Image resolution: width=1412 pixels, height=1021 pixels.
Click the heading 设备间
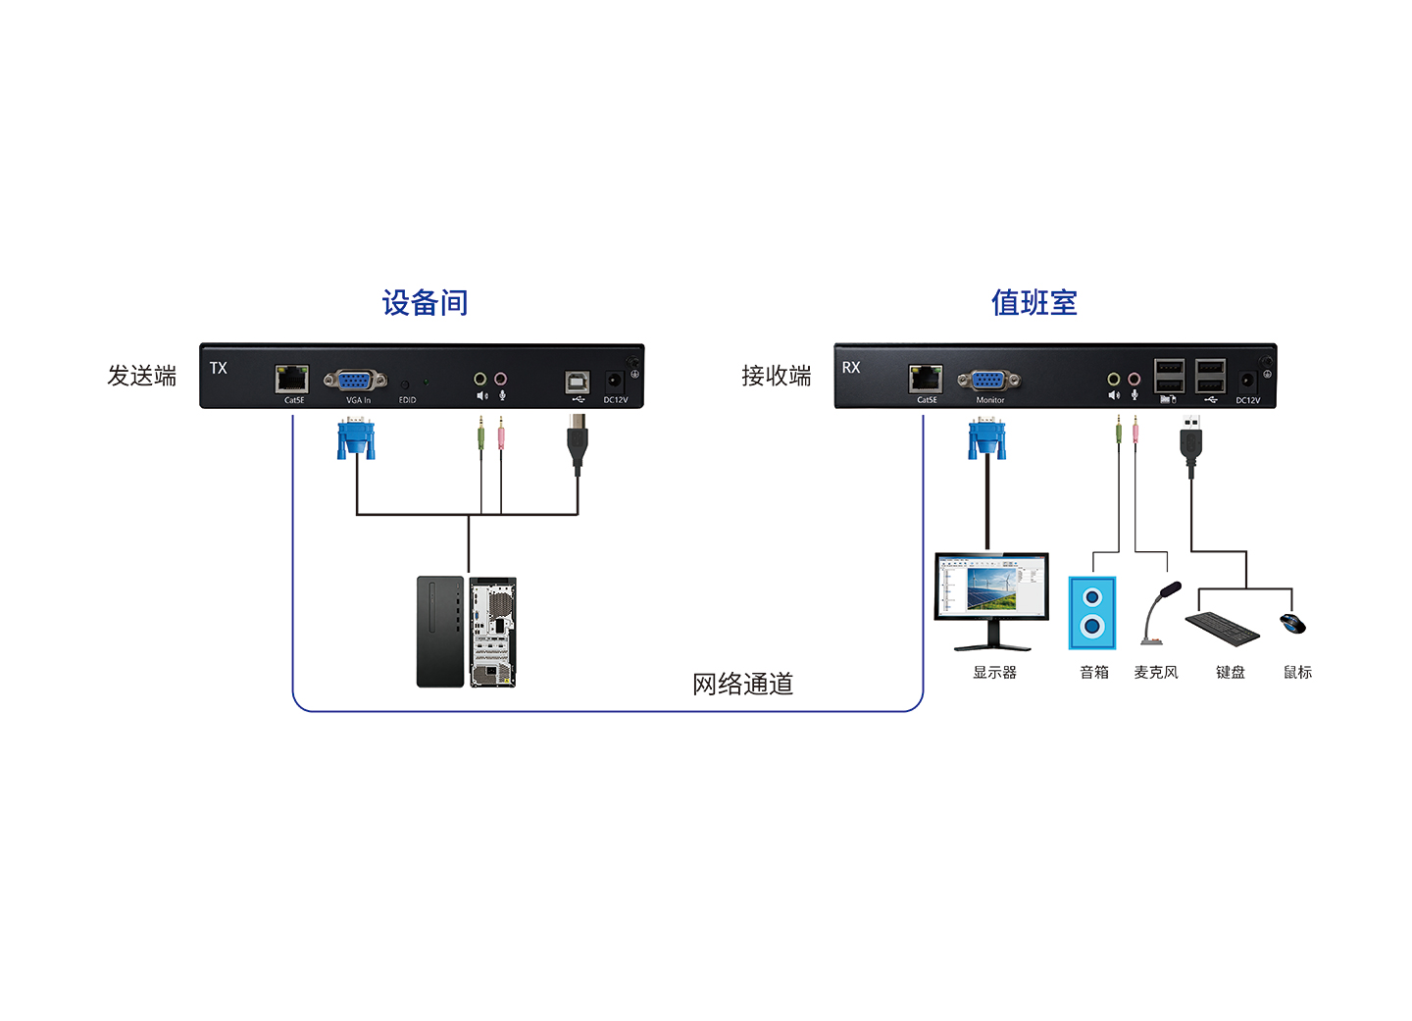[x=425, y=303]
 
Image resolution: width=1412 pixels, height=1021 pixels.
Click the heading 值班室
[x=1034, y=303]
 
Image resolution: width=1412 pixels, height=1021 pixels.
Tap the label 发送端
[x=142, y=376]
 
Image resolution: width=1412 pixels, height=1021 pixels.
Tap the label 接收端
[x=776, y=376]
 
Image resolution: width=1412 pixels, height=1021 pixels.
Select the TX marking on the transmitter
[x=218, y=368]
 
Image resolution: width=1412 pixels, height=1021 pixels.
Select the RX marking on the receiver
[x=851, y=367]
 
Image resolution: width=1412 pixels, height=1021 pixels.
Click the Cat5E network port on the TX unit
[x=292, y=379]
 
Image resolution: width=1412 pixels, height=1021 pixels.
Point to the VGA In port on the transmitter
[x=356, y=381]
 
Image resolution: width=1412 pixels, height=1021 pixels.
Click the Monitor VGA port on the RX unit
[x=988, y=381]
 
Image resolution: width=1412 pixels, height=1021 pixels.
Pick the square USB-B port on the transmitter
[x=577, y=383]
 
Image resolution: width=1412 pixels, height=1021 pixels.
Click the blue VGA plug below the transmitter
[x=356, y=437]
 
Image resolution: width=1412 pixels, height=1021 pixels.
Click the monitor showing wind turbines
[x=991, y=601]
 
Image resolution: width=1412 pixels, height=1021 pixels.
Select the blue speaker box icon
[x=1092, y=612]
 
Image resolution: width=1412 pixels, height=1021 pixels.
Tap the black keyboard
[x=1222, y=628]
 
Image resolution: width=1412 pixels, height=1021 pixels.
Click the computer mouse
[x=1292, y=624]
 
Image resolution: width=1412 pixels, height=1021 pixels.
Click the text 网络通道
[x=742, y=685]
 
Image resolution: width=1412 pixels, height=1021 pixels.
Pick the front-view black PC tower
[x=440, y=632]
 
